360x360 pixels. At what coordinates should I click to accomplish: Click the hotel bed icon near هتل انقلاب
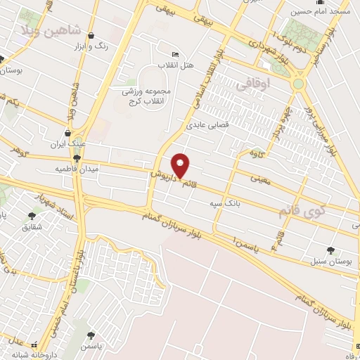pos(175,54)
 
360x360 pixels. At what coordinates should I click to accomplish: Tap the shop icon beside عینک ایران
pos(67,132)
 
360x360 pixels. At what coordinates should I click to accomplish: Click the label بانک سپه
pos(224,203)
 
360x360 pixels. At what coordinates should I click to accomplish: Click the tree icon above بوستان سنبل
pos(330,250)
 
